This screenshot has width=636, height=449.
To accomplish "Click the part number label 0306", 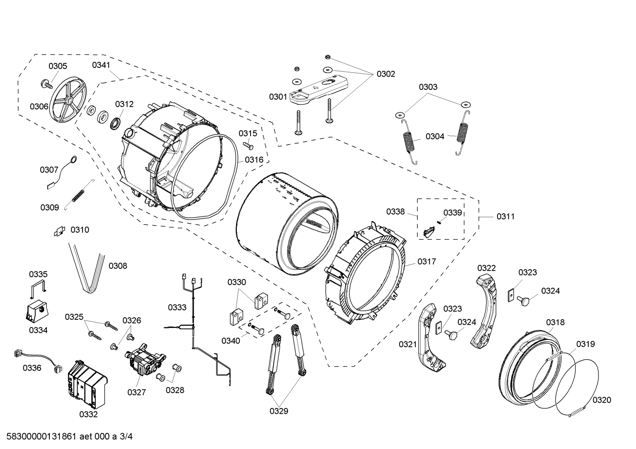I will pos(39,106).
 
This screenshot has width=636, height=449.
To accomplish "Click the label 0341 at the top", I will pos(101,65).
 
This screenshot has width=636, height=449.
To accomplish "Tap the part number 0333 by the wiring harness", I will pos(177,307).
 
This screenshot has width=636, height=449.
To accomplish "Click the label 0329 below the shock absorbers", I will pos(279,411).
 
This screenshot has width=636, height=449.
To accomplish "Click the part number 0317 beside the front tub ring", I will pos(426,261).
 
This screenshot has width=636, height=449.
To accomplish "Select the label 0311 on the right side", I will pos(505,216).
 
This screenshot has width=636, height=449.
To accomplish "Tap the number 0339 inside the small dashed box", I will pos(453,213).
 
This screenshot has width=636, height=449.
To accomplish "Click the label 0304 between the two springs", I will pos(435,136).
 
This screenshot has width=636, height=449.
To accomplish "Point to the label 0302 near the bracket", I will pos(385,74).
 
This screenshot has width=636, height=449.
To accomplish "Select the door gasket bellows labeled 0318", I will pos(525,366).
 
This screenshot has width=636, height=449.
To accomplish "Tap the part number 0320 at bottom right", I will pos(602,400).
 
